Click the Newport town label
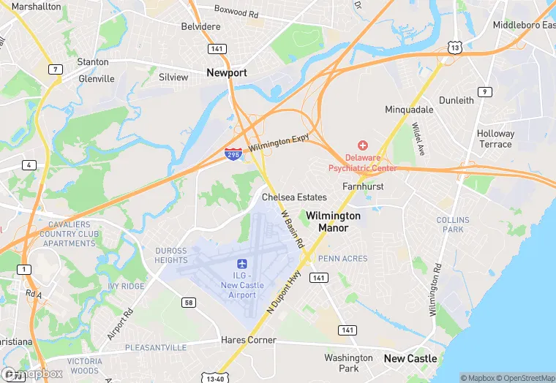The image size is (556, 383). click(227, 73)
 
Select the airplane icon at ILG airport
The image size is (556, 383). click(241, 264)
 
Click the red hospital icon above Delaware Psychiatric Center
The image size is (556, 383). click(362, 146)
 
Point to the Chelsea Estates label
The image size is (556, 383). click(294, 197)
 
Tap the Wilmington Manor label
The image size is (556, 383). click(333, 221)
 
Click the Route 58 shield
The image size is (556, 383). click(188, 302)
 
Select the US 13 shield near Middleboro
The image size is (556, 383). click(455, 48)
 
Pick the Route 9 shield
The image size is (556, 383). click(484, 91)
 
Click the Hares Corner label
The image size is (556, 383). click(249, 340)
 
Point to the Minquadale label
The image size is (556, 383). click(409, 110)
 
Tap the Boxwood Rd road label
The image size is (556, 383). click(236, 11)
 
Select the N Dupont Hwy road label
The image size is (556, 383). click(284, 292)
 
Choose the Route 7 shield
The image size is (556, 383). click(55, 69)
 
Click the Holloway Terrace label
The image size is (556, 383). click(495, 139)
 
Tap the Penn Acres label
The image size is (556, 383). click(343, 258)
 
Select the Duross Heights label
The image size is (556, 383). click(171, 255)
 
